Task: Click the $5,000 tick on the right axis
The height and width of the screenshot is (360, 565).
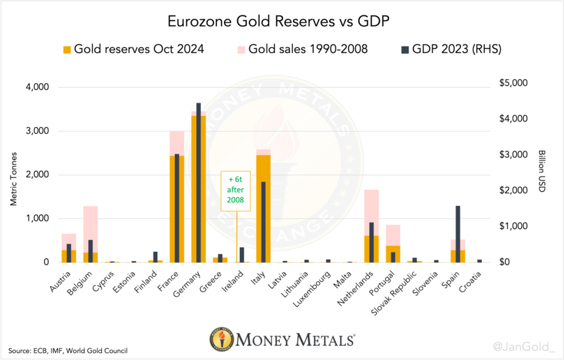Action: pos(514,83)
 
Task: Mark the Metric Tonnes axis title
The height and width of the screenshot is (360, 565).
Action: pos(14,174)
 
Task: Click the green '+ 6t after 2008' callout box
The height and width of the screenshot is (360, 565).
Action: pos(235,190)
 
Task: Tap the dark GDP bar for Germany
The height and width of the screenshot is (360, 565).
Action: pos(198,182)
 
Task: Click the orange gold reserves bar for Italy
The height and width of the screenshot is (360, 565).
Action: pos(263,209)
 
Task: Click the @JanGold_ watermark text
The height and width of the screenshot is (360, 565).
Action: pos(524,345)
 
